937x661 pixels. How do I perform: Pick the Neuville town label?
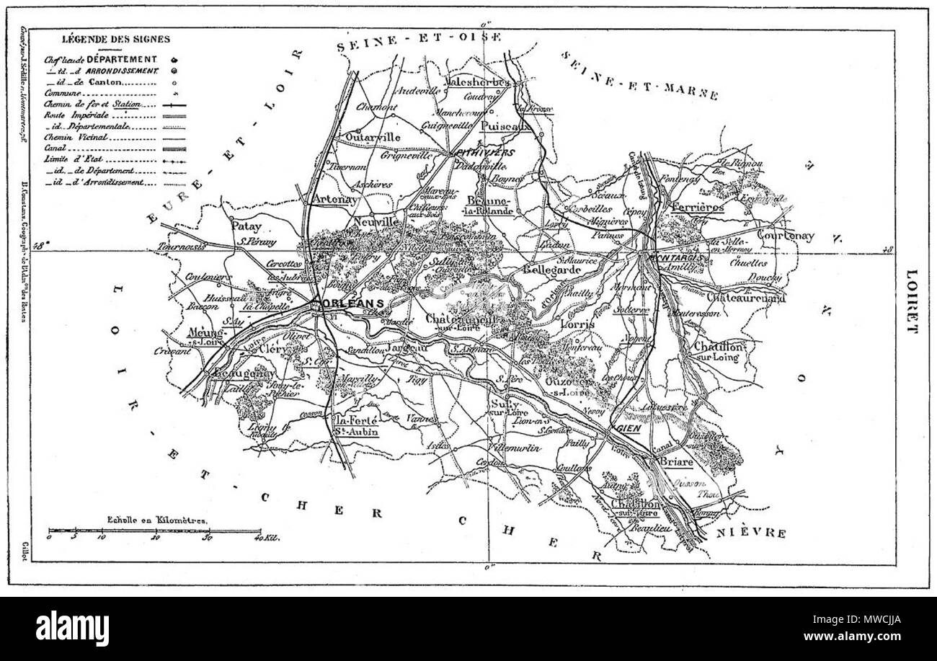click(376, 223)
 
